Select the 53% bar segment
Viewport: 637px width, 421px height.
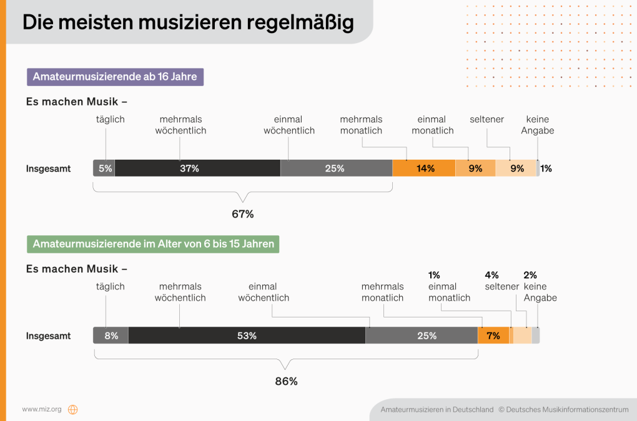[x=247, y=336]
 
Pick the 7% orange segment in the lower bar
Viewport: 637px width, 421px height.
[x=493, y=336]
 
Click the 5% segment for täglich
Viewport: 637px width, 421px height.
[x=104, y=168]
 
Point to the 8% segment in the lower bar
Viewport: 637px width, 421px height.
[x=111, y=336]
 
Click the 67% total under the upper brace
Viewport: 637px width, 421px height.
[x=242, y=214]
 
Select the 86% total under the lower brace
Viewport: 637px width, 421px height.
[x=286, y=381]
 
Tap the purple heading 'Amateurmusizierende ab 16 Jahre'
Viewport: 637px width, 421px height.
[x=115, y=77]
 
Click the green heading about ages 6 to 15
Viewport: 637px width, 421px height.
[x=153, y=244]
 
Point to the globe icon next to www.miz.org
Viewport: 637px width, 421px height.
[x=73, y=410]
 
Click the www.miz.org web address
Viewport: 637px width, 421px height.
[x=42, y=410]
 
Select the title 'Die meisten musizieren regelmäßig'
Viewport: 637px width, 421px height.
[x=188, y=22]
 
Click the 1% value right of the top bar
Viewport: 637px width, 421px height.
[x=546, y=168]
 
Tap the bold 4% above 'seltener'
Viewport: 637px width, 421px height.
[x=492, y=275]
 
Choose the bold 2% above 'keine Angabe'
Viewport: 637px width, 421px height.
[x=530, y=275]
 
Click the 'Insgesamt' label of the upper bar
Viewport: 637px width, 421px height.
[x=48, y=168]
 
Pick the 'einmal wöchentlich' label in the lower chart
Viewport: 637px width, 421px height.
[x=264, y=292]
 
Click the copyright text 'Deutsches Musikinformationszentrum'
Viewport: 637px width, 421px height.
[x=567, y=410]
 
